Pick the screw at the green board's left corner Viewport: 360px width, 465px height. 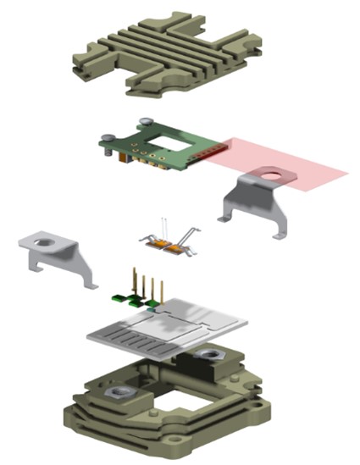[108, 138]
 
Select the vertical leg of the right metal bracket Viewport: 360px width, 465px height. [232, 203]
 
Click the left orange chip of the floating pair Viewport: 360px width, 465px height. [158, 246]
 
